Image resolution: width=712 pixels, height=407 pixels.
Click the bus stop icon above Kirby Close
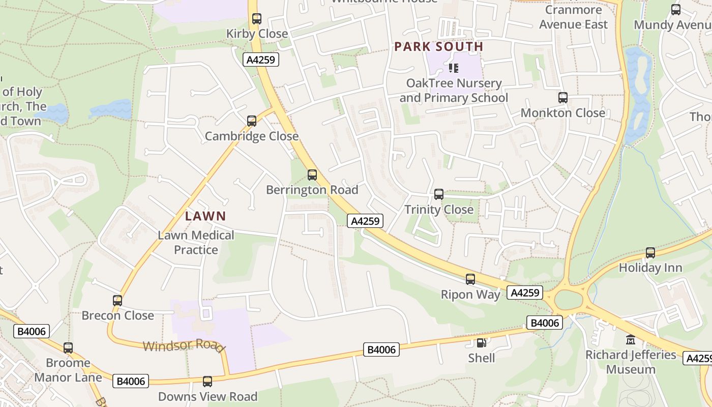coord(257,19)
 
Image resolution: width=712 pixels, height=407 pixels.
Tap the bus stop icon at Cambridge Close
coord(252,121)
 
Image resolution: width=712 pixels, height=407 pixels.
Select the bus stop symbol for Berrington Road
coord(312,175)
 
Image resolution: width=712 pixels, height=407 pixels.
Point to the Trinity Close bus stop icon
coord(438,194)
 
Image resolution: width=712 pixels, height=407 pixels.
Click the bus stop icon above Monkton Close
coord(563,98)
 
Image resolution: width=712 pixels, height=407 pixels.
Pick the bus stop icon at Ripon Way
coord(470,279)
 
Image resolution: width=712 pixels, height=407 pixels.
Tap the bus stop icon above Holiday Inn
coord(650,253)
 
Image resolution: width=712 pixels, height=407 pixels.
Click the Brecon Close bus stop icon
coord(117,301)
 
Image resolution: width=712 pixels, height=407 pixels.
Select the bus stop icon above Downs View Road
coord(207,382)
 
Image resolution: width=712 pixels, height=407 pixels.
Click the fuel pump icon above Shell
coord(481,343)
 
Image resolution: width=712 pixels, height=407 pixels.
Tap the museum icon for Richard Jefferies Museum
coord(631,339)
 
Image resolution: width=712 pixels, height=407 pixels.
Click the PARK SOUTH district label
coord(438,47)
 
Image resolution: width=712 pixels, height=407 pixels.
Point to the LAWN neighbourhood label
coord(205,216)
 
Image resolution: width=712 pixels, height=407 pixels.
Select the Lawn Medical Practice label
coord(196,243)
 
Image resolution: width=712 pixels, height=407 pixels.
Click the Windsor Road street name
coord(184,345)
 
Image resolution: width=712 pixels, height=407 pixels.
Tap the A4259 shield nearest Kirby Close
coord(261,60)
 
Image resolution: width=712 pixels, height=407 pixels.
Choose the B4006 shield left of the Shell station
coord(381,350)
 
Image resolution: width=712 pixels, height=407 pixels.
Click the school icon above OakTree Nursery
coord(454,68)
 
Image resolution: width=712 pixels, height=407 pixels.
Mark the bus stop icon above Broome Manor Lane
coord(68,348)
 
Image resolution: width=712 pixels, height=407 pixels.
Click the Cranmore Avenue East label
coord(573,17)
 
